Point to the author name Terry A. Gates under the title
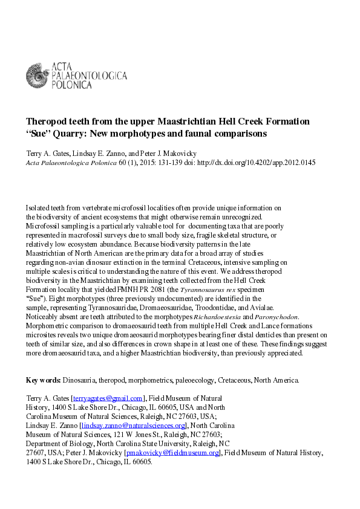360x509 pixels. (x=47, y=154)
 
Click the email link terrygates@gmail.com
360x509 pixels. (x=108, y=398)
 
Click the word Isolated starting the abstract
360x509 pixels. (x=39, y=208)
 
